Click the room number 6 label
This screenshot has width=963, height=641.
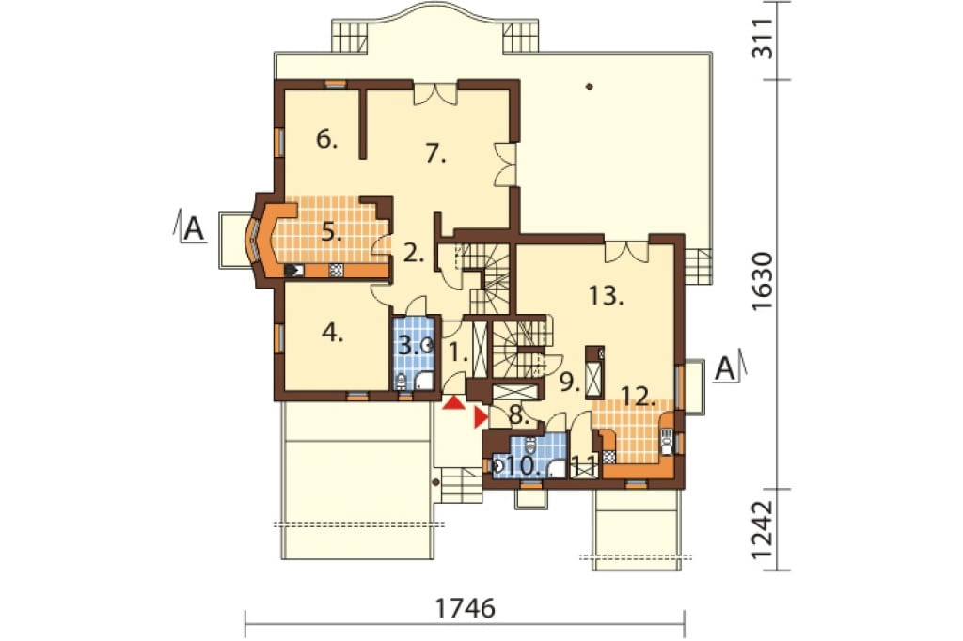tap(326, 139)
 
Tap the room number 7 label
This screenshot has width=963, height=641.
tap(435, 153)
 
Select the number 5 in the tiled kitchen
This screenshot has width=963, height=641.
tap(332, 233)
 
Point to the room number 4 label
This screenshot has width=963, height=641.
tap(332, 333)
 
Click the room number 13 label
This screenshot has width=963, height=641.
tap(607, 295)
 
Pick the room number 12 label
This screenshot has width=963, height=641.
tap(638, 397)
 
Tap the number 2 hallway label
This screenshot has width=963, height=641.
tap(414, 252)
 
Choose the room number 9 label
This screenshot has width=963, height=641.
tap(570, 382)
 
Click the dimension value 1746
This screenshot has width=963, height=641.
tap(465, 608)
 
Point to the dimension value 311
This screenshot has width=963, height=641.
tap(763, 39)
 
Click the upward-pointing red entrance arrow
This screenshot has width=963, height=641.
tap(454, 403)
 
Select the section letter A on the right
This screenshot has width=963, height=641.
tap(725, 369)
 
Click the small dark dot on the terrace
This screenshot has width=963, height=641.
tap(589, 86)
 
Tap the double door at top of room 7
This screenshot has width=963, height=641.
tap(434, 93)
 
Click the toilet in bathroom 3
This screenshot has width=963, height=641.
tap(401, 382)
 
